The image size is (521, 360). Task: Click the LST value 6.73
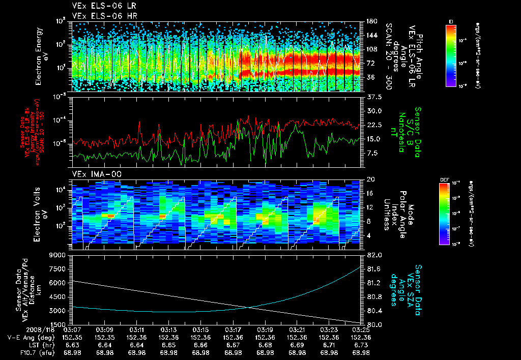tap(361, 344)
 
